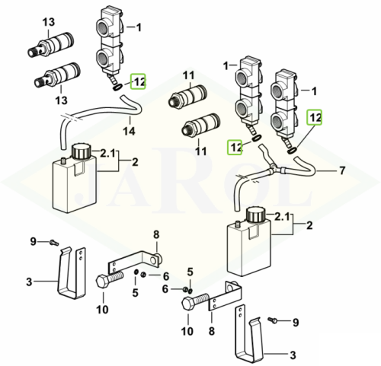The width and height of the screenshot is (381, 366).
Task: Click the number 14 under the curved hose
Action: click(x=129, y=131)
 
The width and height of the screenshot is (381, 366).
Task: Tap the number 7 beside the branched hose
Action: click(x=342, y=170)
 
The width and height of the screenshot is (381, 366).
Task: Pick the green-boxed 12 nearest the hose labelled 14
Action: click(x=138, y=81)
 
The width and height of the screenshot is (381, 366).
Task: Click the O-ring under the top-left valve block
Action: click(x=117, y=88)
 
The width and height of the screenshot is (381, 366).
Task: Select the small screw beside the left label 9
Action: click(x=54, y=243)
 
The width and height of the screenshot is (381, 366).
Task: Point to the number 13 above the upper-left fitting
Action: click(x=49, y=22)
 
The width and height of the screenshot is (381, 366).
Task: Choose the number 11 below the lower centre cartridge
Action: click(x=200, y=151)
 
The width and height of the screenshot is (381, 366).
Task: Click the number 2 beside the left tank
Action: click(x=135, y=162)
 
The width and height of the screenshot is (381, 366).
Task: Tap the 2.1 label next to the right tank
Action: click(x=282, y=217)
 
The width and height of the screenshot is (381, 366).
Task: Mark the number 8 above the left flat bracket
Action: click(x=156, y=234)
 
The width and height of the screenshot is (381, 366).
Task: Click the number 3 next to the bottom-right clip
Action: click(x=293, y=355)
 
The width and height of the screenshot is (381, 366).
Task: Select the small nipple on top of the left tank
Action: click(x=64, y=161)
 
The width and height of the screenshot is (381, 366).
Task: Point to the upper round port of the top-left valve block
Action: click(x=104, y=27)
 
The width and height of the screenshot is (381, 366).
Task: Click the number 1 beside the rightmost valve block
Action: click(x=314, y=91)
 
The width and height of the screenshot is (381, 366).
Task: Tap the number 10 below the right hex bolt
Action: click(x=187, y=331)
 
